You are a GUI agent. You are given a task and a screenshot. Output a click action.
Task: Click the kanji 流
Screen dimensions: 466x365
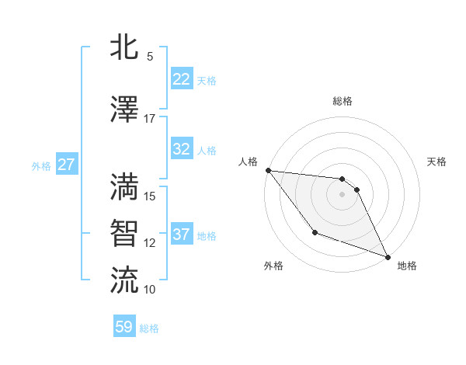[x=125, y=279]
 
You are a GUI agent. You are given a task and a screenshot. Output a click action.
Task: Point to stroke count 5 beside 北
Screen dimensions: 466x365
[x=149, y=57]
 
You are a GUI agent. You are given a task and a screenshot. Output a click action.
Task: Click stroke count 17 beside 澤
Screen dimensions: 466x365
[x=149, y=118]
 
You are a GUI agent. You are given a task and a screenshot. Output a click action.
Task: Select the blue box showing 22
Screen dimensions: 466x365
[x=181, y=78]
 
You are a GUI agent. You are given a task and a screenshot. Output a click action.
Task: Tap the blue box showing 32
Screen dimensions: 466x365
[x=181, y=149]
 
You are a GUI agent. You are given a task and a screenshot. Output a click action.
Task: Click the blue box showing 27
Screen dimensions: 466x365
[x=66, y=165]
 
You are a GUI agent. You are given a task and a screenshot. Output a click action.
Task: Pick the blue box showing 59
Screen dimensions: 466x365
[x=124, y=327]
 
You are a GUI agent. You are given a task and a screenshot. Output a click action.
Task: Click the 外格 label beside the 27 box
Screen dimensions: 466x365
[x=41, y=165]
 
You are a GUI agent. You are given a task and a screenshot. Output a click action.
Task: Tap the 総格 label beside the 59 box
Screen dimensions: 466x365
[x=149, y=328]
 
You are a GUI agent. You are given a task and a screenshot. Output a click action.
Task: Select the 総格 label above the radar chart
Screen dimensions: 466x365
[x=343, y=101]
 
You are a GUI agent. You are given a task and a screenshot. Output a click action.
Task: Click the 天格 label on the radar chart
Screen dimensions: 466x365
[x=437, y=162]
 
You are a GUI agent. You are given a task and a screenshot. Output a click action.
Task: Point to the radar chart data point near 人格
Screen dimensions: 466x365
[x=268, y=170]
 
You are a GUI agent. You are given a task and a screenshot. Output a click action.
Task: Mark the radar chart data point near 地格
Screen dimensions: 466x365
[x=388, y=257]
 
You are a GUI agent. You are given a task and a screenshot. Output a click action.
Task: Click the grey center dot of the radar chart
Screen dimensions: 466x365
[x=342, y=194]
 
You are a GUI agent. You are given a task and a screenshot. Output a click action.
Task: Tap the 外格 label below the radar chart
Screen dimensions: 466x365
[x=273, y=266]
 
